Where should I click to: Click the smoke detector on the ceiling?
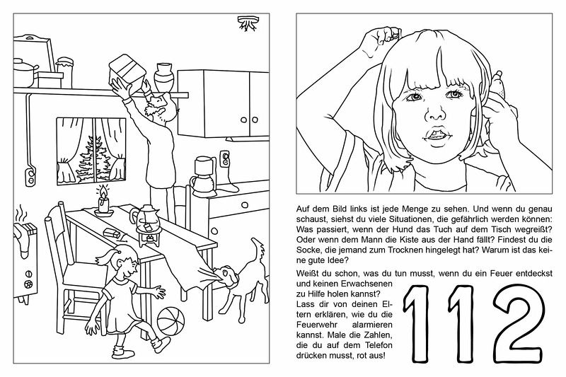pos(247,23)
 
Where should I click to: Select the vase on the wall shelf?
pos(164,76)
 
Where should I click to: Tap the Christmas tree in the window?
pos(93,159)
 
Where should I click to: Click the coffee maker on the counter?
pos(204,176)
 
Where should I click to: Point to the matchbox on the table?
pos(111,233)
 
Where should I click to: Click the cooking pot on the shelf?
pos(25,71)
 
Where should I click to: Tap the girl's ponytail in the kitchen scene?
pos(105,258)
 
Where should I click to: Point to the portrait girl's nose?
pos(436,113)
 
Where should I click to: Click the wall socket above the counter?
pos(224,158)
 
